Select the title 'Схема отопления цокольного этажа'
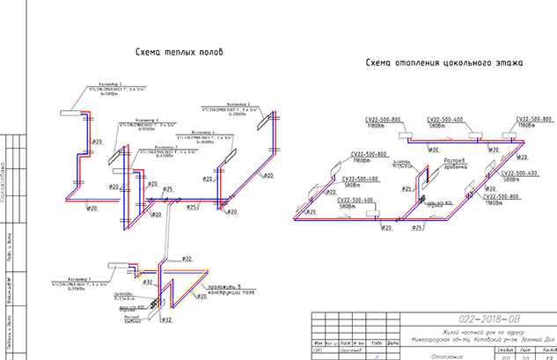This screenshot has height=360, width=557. [444, 63]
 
